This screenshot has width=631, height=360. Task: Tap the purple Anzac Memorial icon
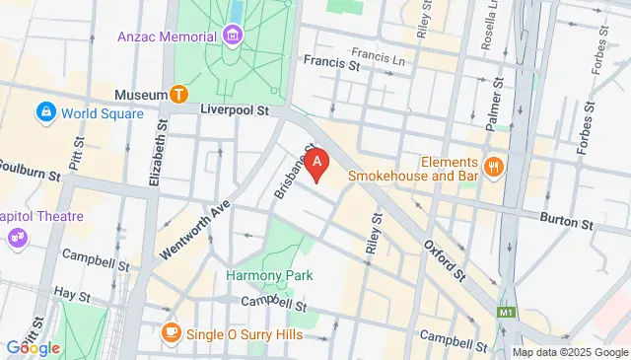(x=233, y=36)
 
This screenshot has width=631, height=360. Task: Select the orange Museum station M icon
(x=178, y=94)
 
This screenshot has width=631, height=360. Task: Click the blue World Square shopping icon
(x=45, y=113)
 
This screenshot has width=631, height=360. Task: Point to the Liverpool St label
(x=234, y=111)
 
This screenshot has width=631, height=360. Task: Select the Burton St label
(x=572, y=224)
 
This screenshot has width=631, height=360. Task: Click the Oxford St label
(x=445, y=257)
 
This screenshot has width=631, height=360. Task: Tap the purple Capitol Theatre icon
(x=17, y=237)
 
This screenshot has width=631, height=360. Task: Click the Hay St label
(x=72, y=293)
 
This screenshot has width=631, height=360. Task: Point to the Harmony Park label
(x=262, y=275)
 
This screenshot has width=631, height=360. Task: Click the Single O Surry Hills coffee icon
(x=172, y=331)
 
